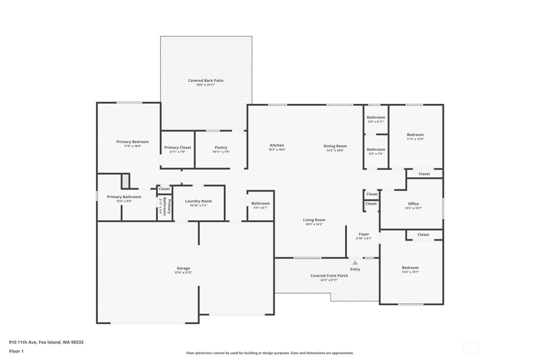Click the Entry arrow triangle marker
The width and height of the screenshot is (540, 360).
355,263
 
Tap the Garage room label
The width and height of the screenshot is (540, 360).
183,268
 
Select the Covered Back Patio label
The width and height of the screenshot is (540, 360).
206,81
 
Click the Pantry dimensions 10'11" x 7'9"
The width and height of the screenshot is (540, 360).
221,152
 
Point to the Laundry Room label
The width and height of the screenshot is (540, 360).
198,201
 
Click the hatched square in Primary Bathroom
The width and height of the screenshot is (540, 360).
125,181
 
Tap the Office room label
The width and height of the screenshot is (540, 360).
413,204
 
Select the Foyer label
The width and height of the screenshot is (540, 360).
364,234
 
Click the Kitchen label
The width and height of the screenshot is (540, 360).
277,145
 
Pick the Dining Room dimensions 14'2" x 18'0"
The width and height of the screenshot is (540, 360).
335,150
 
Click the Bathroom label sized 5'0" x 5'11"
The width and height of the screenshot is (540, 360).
376,117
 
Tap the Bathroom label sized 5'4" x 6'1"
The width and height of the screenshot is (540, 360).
260,203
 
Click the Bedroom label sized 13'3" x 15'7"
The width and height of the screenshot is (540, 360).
410,267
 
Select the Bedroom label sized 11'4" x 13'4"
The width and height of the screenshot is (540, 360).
415,135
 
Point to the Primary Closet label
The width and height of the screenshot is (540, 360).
177,147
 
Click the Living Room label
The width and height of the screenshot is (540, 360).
314,220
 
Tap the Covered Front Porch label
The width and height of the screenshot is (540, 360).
329,275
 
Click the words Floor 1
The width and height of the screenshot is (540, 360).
16,351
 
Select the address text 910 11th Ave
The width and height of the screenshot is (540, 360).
23,342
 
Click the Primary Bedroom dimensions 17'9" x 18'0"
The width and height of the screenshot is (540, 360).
132,146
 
